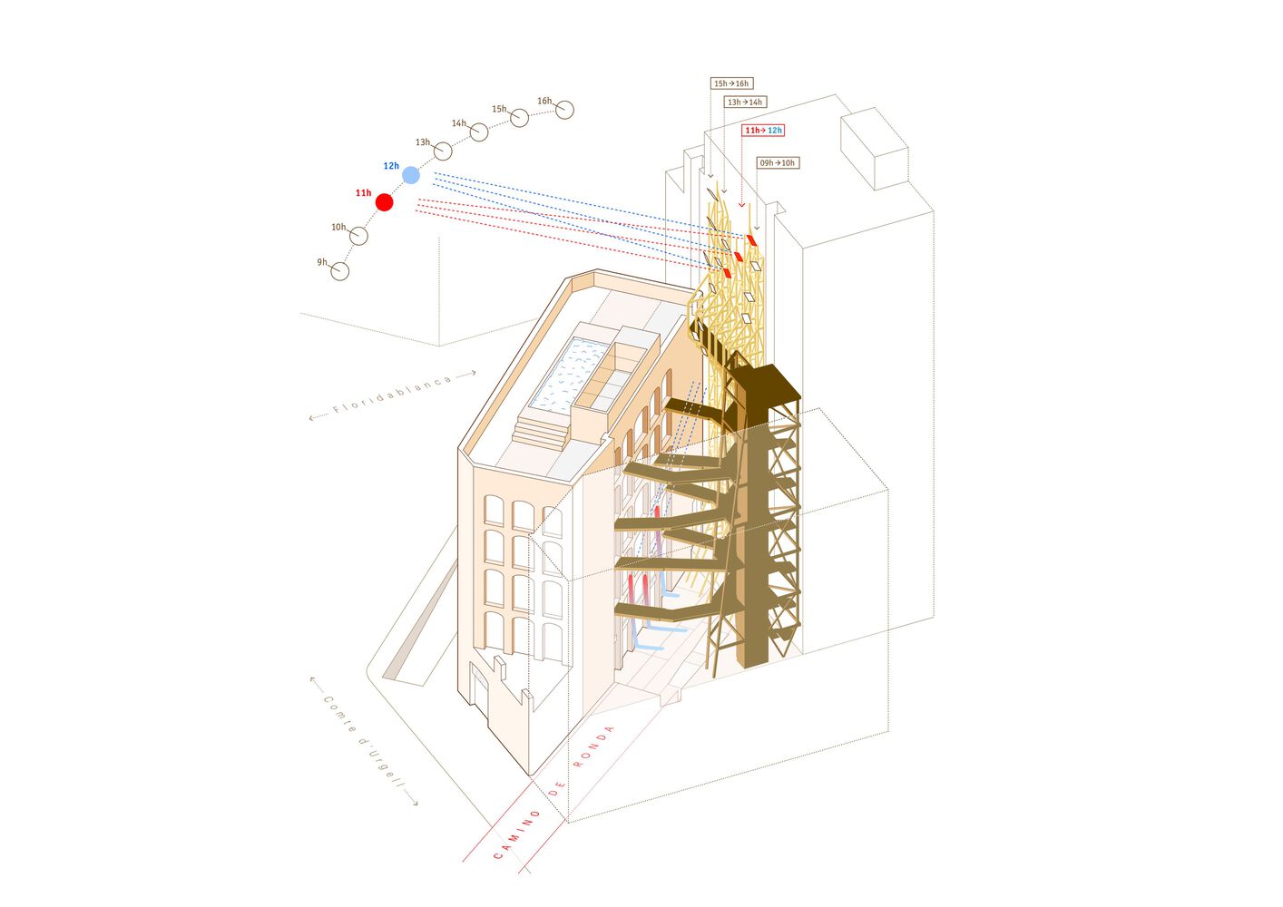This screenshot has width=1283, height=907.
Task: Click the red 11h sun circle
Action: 384,202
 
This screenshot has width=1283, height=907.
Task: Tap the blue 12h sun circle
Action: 411,175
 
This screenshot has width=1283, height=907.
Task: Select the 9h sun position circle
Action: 339,271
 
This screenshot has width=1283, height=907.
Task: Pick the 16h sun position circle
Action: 564,110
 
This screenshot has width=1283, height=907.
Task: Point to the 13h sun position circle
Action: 443,151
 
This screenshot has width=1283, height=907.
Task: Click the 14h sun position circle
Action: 479,132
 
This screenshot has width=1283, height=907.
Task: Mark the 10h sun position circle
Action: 358,235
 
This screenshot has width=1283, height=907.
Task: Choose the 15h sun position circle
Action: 520,118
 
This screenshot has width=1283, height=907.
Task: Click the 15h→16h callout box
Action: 731,83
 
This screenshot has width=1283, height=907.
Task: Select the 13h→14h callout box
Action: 745,102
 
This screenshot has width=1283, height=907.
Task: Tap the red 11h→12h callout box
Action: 763,131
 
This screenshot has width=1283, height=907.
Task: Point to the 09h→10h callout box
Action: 778,163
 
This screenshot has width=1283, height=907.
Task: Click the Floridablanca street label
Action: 392,395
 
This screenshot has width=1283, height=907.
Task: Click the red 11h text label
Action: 363,193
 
